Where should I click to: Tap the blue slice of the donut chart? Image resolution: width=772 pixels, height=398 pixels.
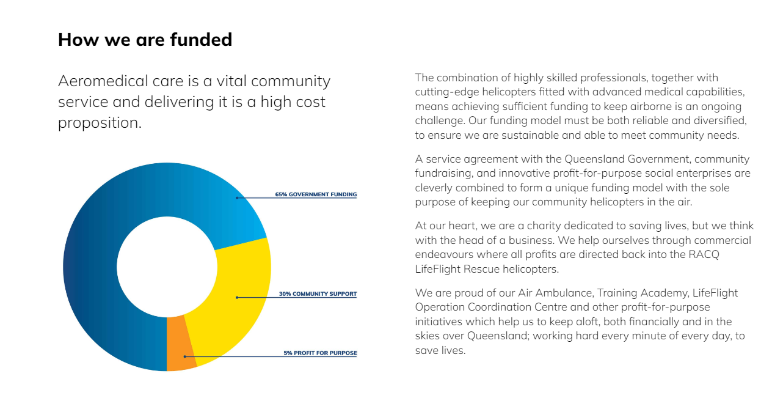114,221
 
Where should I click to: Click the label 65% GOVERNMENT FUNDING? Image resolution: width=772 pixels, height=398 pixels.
316,194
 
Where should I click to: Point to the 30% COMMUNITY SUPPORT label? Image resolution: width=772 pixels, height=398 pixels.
318,294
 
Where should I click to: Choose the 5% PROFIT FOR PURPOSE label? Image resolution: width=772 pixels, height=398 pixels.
320,353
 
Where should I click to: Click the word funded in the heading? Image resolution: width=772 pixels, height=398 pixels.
201,39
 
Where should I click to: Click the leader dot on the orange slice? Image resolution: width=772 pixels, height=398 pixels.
184,356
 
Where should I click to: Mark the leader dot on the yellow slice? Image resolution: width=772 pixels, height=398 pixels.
237,297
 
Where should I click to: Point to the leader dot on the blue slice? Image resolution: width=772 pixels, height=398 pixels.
237,198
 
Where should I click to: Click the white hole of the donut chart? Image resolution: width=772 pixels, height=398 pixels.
167,267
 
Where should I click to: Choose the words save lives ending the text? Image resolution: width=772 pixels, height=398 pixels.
440,350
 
